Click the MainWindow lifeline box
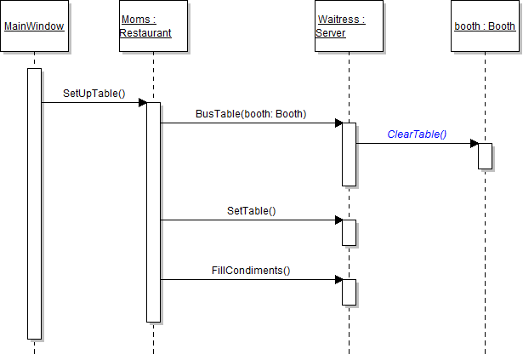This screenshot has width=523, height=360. point(34,26)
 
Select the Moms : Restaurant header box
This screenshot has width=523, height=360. point(153,26)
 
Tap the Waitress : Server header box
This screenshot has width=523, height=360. point(349,26)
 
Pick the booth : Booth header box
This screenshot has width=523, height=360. point(485,26)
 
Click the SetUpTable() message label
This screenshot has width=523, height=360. point(94,93)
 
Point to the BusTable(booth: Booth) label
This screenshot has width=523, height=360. point(250,113)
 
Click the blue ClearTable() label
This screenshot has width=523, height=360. point(417,134)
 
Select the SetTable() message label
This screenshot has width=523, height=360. point(251,210)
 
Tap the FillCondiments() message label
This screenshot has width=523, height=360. point(251,271)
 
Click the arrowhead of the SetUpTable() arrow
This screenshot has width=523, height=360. point(143,103)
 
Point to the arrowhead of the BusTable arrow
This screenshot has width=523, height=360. point(338,123)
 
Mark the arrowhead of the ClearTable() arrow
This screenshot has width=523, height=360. point(474,144)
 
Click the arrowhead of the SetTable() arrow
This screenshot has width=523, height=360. point(338,220)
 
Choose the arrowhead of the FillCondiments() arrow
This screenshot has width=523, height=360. point(338,280)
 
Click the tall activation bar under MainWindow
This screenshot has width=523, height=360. point(34,204)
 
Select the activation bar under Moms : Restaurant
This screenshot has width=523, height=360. point(153,213)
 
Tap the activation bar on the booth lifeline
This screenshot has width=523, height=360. point(485,156)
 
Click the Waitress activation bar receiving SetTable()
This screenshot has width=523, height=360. point(349,232)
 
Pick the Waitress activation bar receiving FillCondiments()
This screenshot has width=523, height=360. point(349,292)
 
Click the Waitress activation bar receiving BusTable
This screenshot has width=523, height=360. point(349,153)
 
